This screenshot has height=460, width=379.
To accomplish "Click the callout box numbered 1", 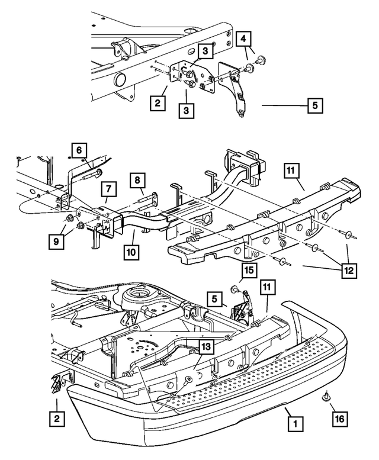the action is pos(296,423).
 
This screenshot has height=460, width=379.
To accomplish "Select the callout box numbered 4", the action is pos(244,38).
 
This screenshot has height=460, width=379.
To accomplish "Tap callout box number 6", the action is pos(79,150).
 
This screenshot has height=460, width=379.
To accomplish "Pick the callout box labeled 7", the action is pos(109,189).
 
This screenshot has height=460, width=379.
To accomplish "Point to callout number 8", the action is pos(138,179).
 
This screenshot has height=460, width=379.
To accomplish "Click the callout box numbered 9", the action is pos(56,242).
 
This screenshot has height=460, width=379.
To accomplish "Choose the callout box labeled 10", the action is pos(131,252).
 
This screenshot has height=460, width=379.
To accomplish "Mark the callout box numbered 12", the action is pos(349,270).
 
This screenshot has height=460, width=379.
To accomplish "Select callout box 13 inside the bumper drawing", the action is pos(207,347).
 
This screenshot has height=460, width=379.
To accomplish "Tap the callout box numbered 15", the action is pos(249,270).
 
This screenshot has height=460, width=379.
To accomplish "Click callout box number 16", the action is pos(340,419).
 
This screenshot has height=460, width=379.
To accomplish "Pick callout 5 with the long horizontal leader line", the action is pos(315,105).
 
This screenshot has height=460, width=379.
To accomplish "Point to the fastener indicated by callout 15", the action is pos(235,289).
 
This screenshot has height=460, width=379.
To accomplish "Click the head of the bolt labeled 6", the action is pos(99,172).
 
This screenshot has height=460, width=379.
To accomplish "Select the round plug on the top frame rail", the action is pos(120,79).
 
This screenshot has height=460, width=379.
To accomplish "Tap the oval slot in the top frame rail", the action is pos(191,52).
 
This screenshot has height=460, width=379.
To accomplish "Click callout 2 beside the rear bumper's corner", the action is pos(57,419).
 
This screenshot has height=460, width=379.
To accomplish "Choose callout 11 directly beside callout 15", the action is pos(267,287).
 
